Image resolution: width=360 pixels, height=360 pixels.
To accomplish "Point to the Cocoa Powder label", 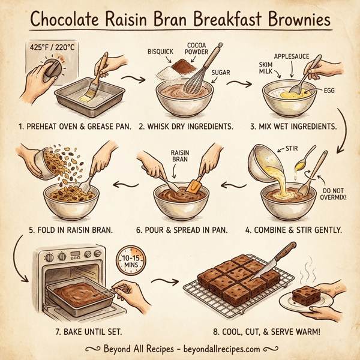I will (x=200, y=49).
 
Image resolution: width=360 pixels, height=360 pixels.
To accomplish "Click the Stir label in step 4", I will (x=291, y=148).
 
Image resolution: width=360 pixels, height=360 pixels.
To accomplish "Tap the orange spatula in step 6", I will (x=194, y=187).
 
